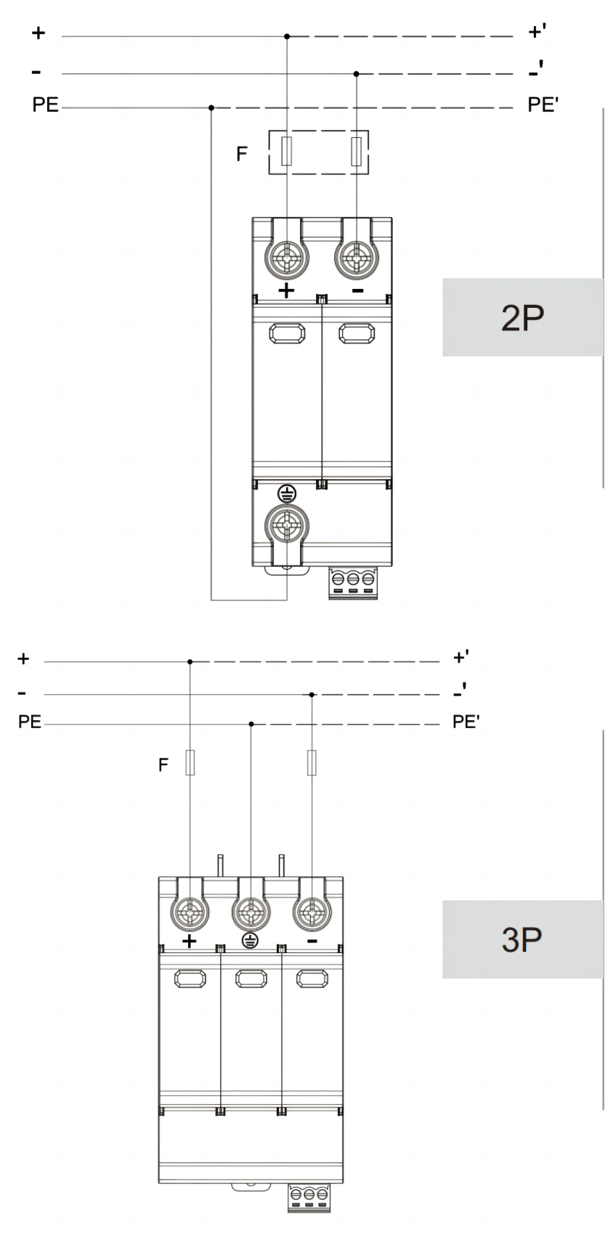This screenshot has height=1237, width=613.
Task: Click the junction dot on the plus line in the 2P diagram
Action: coord(287,36)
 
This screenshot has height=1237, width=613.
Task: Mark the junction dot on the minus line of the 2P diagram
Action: coord(357,73)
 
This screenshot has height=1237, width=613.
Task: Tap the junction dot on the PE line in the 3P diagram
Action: coord(251,724)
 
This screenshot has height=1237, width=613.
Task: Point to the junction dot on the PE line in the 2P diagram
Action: coord(211,107)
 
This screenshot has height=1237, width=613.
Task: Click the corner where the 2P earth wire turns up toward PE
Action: coord(211,600)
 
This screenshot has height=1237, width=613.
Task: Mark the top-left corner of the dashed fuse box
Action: coord(269,131)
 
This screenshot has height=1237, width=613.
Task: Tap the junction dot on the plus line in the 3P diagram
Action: coord(190,661)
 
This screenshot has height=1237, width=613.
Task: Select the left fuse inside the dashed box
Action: coord(287,152)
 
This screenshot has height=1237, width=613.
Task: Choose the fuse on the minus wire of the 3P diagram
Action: coord(312,763)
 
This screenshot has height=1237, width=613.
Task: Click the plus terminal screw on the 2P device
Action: coord(287,257)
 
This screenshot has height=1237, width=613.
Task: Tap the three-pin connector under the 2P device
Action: coord(353,582)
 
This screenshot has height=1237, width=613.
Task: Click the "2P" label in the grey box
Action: coord(522,317)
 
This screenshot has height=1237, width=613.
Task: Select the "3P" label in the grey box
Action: coord(522,939)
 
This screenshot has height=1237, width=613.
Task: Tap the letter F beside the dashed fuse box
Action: coord(242,153)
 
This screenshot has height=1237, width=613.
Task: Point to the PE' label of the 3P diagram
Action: coord(466,721)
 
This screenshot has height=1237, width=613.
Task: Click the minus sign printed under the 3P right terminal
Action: coord(312,941)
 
